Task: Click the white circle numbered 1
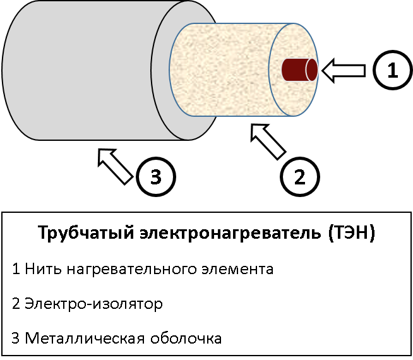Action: pyautogui.click(x=393, y=71)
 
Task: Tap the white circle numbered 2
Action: pyautogui.click(x=299, y=176)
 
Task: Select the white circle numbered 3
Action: pyautogui.click(x=156, y=177)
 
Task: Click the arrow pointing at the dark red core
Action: pyautogui.click(x=345, y=71)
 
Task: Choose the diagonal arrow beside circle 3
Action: pyautogui.click(x=116, y=165)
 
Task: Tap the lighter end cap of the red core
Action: pyautogui.click(x=311, y=69)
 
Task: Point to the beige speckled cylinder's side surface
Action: pyautogui.click(x=221, y=69)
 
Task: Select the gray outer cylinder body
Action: pyautogui.click(x=82, y=69)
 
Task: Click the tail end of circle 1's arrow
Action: pyautogui.click(x=362, y=71)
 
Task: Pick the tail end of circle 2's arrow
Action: pyautogui.click(x=280, y=153)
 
